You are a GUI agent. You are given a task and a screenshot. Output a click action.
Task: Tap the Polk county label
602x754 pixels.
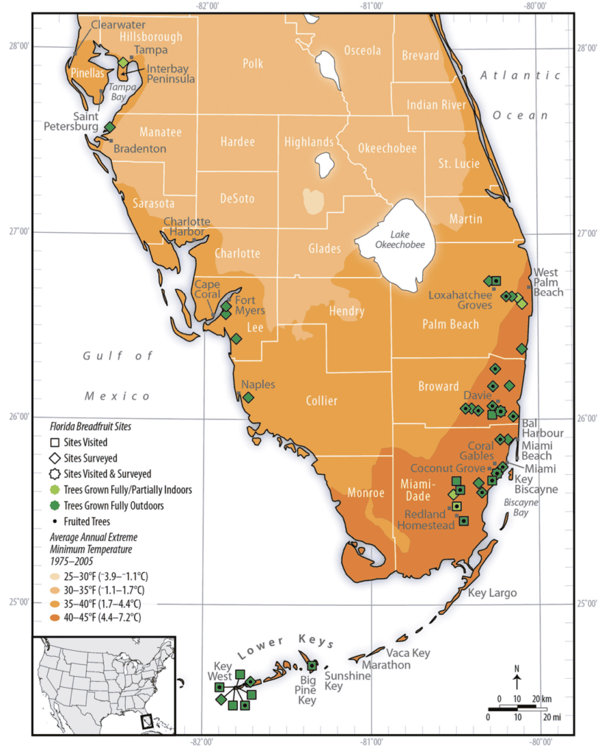(253, 64)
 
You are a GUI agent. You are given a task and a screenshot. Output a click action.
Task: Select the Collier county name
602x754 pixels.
(321, 401)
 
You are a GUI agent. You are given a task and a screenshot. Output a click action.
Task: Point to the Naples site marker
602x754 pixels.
(248, 398)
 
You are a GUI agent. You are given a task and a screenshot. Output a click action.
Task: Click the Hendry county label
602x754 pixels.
(346, 311)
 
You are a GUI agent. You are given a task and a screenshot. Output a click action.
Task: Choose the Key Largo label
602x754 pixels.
(492, 593)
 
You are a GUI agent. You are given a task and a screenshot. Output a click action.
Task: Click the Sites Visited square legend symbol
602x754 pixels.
(54, 443)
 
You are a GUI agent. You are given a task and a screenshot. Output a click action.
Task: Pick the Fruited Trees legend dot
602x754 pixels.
(54, 521)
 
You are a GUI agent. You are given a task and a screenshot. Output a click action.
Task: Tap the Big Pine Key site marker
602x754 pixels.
(312, 666)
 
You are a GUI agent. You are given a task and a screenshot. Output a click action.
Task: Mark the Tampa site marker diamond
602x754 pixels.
(123, 63)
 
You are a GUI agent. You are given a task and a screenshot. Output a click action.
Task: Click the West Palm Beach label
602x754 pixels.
(548, 282)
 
